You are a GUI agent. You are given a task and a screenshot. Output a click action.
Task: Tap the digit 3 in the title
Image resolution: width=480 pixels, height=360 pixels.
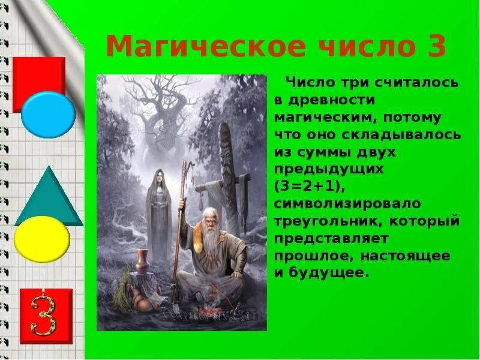[x=433, y=46]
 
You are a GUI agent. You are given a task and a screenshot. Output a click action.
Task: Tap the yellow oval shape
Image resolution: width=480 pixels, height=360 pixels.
[x=42, y=239]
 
